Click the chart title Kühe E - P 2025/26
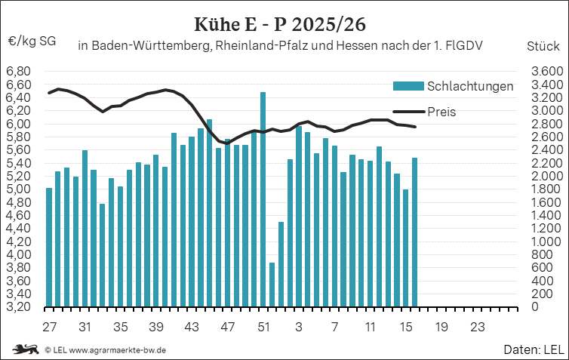tap(284, 22)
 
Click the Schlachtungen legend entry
tap(469, 86)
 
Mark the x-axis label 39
tap(156, 328)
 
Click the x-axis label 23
tap(477, 328)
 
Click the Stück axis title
tap(543, 46)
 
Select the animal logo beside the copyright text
tap(26, 349)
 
